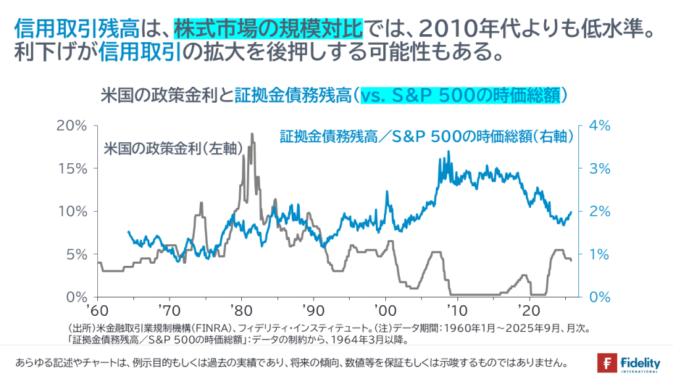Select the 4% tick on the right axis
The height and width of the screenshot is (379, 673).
coord(596,125)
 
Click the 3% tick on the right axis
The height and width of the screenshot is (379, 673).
coord(596,168)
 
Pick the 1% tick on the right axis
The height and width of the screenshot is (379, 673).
coord(596,253)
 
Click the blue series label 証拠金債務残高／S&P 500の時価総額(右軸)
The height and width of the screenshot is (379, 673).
coord(427,137)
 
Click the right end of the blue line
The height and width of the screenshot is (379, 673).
coord(572,212)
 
